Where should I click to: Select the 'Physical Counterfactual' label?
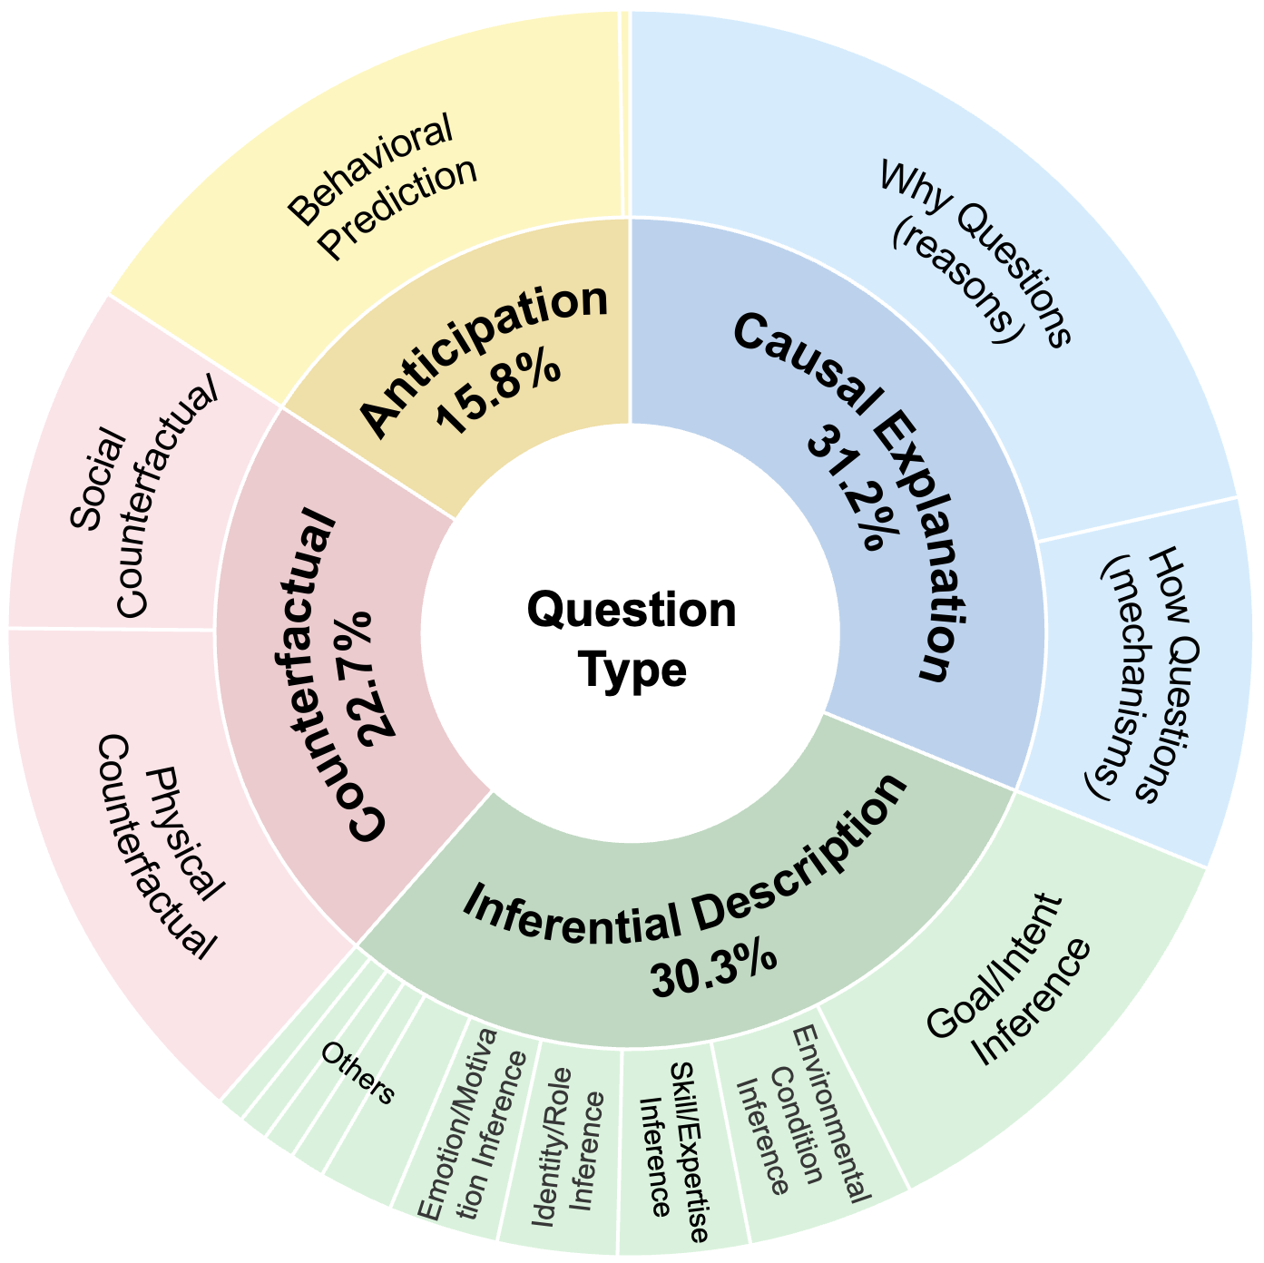pyautogui.click(x=157, y=846)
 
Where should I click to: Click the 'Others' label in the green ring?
pyautogui.click(x=358, y=1073)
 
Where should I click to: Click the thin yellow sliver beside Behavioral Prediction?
pyautogui.click(x=624, y=113)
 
